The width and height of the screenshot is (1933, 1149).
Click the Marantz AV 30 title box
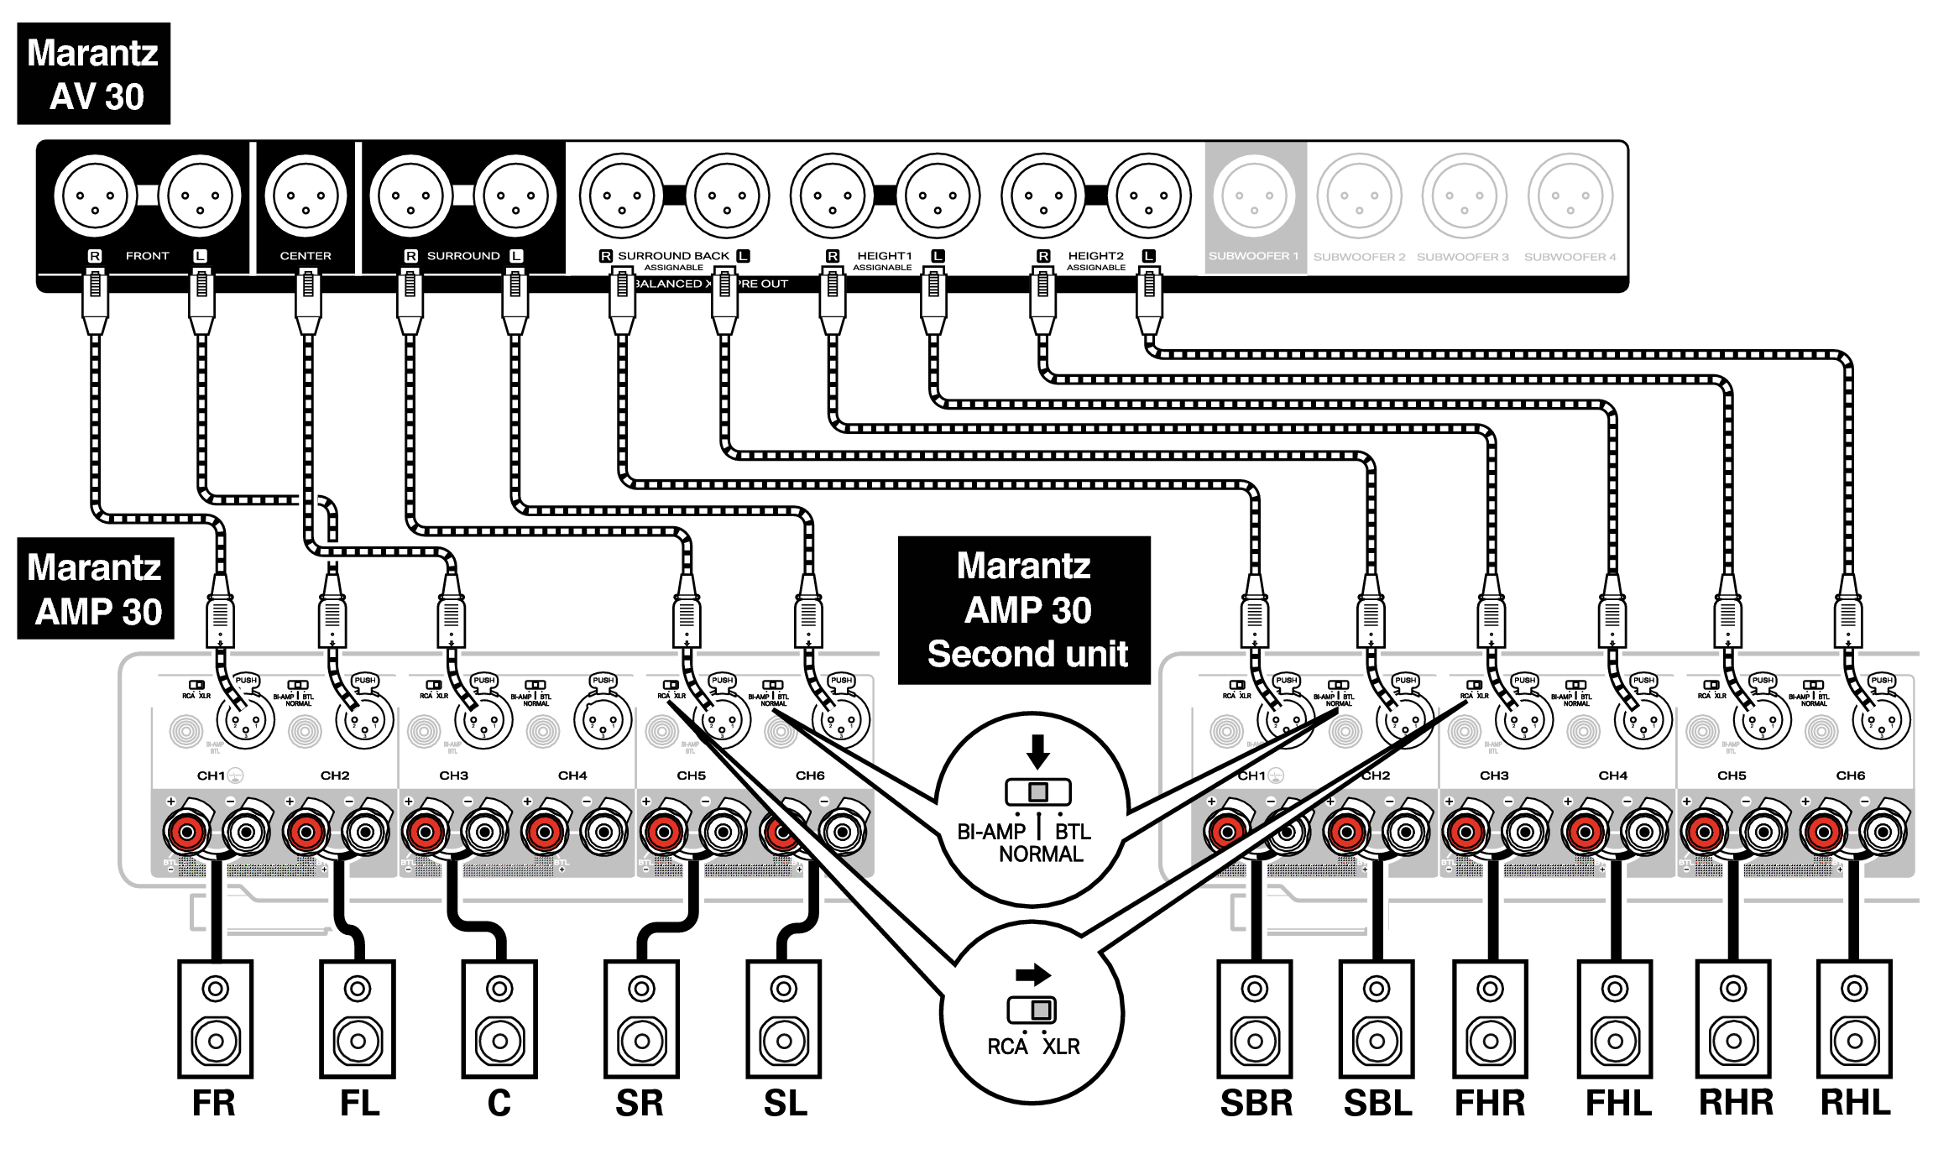pos(93,74)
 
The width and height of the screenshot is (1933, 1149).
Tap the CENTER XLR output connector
pos(306,196)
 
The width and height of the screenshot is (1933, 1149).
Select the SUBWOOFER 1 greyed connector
pos(1253,196)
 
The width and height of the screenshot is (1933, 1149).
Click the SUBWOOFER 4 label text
pos(1570,257)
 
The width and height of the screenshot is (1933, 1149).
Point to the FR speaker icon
pos(215,1019)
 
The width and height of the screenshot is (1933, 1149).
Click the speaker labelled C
pos(499,1019)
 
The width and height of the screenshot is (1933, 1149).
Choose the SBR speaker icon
pos(1255,1019)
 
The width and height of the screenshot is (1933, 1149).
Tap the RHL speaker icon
pos(1854,1019)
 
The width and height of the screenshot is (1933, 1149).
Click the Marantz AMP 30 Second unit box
pos(1024,610)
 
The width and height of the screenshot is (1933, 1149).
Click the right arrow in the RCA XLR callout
pos(1033,974)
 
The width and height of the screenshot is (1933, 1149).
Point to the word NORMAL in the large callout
pos(1041,854)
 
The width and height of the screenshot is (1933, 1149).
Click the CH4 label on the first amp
pos(572,776)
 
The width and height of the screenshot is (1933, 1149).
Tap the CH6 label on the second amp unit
pos(1850,776)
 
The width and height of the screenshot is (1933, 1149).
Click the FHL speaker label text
pos(1617,1103)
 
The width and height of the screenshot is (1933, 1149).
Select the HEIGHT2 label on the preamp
pos(1095,256)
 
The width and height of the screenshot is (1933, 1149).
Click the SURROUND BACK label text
pos(673,256)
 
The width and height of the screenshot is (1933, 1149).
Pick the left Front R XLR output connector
pos(95,196)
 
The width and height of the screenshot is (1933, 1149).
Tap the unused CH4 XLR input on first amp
pos(603,720)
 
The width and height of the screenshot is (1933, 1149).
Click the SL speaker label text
pos(785,1103)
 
